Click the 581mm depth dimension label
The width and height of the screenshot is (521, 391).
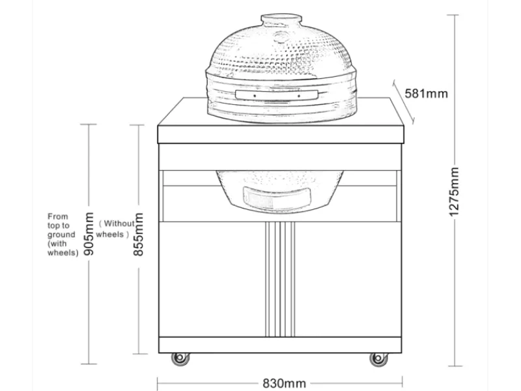coord(427,93)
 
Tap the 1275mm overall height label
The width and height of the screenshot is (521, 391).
coord(454,192)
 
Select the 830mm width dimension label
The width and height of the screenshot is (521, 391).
coord(284,383)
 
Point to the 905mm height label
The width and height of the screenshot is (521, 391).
coord(89,233)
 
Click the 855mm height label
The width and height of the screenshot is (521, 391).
coord(138,234)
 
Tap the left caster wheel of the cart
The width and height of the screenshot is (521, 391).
coord(180,358)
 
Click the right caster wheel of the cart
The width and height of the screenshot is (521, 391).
coord(379,359)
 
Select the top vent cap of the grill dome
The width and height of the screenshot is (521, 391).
coord(281,20)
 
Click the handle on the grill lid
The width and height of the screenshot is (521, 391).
coord(276,94)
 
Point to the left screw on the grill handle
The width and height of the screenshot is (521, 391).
coord(255,96)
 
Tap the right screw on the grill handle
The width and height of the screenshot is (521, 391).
coord(299,96)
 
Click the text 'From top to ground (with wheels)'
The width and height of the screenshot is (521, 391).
coord(63,235)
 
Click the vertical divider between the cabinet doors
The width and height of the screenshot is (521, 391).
coord(280,280)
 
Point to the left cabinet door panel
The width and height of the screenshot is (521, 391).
coord(212,280)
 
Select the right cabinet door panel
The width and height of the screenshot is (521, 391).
coord(348,280)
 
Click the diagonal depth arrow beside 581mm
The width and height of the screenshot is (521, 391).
coord(403,102)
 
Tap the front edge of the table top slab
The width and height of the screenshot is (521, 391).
coord(281,134)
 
